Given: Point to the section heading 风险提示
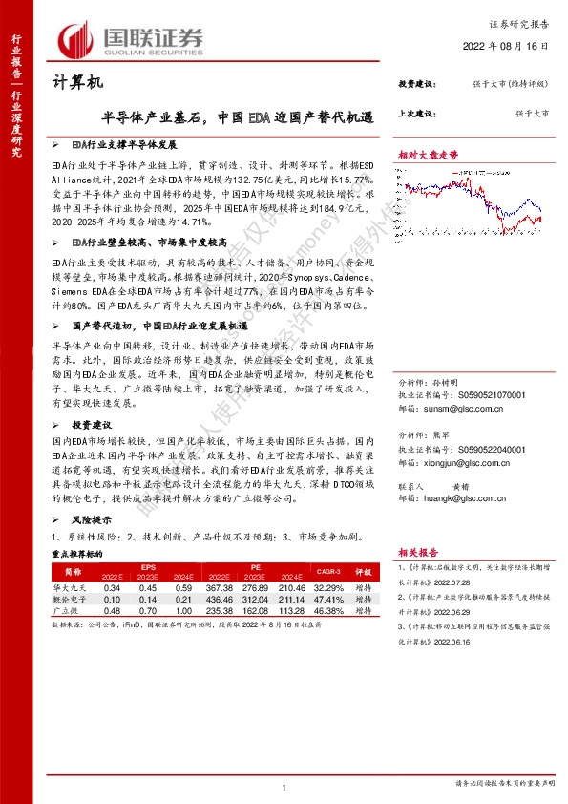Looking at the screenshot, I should (x=93, y=520).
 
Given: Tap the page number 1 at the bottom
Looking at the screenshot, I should (x=284, y=787).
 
